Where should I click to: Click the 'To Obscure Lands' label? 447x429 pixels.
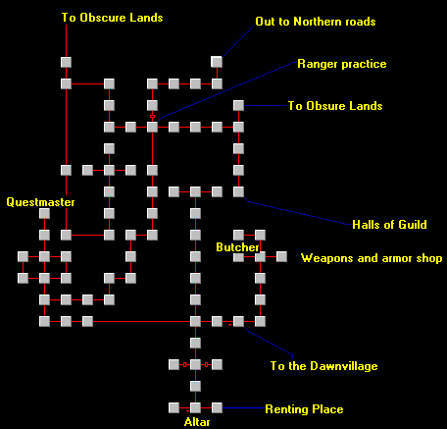coord(112,18)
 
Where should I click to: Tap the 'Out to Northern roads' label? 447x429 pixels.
coord(316,22)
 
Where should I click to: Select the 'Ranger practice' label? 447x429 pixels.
coord(342,64)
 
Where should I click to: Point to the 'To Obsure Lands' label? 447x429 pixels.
coord(335,106)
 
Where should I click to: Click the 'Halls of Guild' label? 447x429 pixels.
coord(389,225)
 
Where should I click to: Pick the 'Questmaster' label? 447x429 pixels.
coord(40,202)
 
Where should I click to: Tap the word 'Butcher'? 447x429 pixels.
coord(237,247)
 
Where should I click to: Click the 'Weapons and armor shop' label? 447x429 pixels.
coord(372,258)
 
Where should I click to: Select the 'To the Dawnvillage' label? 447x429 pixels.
coord(323,366)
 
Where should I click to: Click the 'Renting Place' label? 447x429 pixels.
coord(304,409)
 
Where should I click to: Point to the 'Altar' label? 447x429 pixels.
coord(197,422)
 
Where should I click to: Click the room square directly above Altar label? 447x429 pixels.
coord(195,407)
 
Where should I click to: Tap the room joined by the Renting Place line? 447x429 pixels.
coord(217,407)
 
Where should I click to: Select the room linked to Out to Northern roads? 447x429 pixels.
coord(217,62)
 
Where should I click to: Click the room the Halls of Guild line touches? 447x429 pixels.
coord(238,191)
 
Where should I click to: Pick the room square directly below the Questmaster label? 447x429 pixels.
coord(44,213)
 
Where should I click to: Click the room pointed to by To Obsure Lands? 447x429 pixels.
coord(238,105)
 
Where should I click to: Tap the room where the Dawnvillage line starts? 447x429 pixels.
coord(238,321)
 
